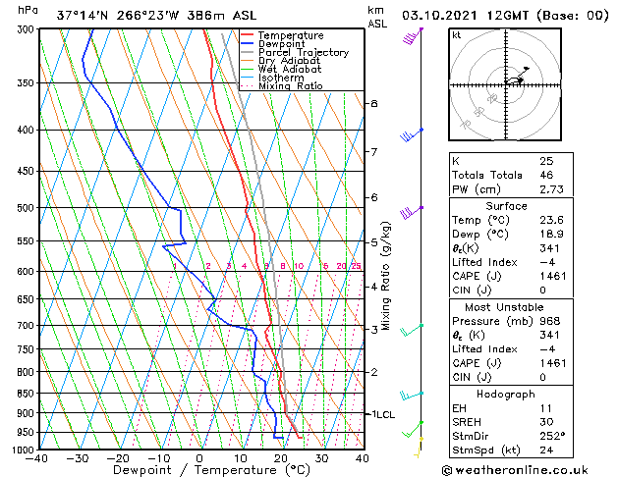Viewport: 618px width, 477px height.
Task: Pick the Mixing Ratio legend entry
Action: pyautogui.click(x=291, y=86)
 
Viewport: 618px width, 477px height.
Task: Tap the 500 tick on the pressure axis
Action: pyautogui.click(x=24, y=208)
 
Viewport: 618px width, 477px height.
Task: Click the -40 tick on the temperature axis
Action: pyautogui.click(x=37, y=457)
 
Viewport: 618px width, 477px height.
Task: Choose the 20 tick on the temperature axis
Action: pyautogui.click(x=280, y=457)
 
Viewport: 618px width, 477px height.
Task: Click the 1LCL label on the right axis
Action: pyautogui.click(x=381, y=414)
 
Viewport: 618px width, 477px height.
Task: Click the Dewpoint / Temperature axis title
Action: pyautogui.click(x=197, y=471)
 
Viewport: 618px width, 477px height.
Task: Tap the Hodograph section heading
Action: pyautogui.click(x=507, y=394)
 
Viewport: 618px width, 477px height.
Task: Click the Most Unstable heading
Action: pyautogui.click(x=507, y=306)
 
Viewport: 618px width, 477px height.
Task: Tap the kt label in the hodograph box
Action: pyautogui.click(x=456, y=34)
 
